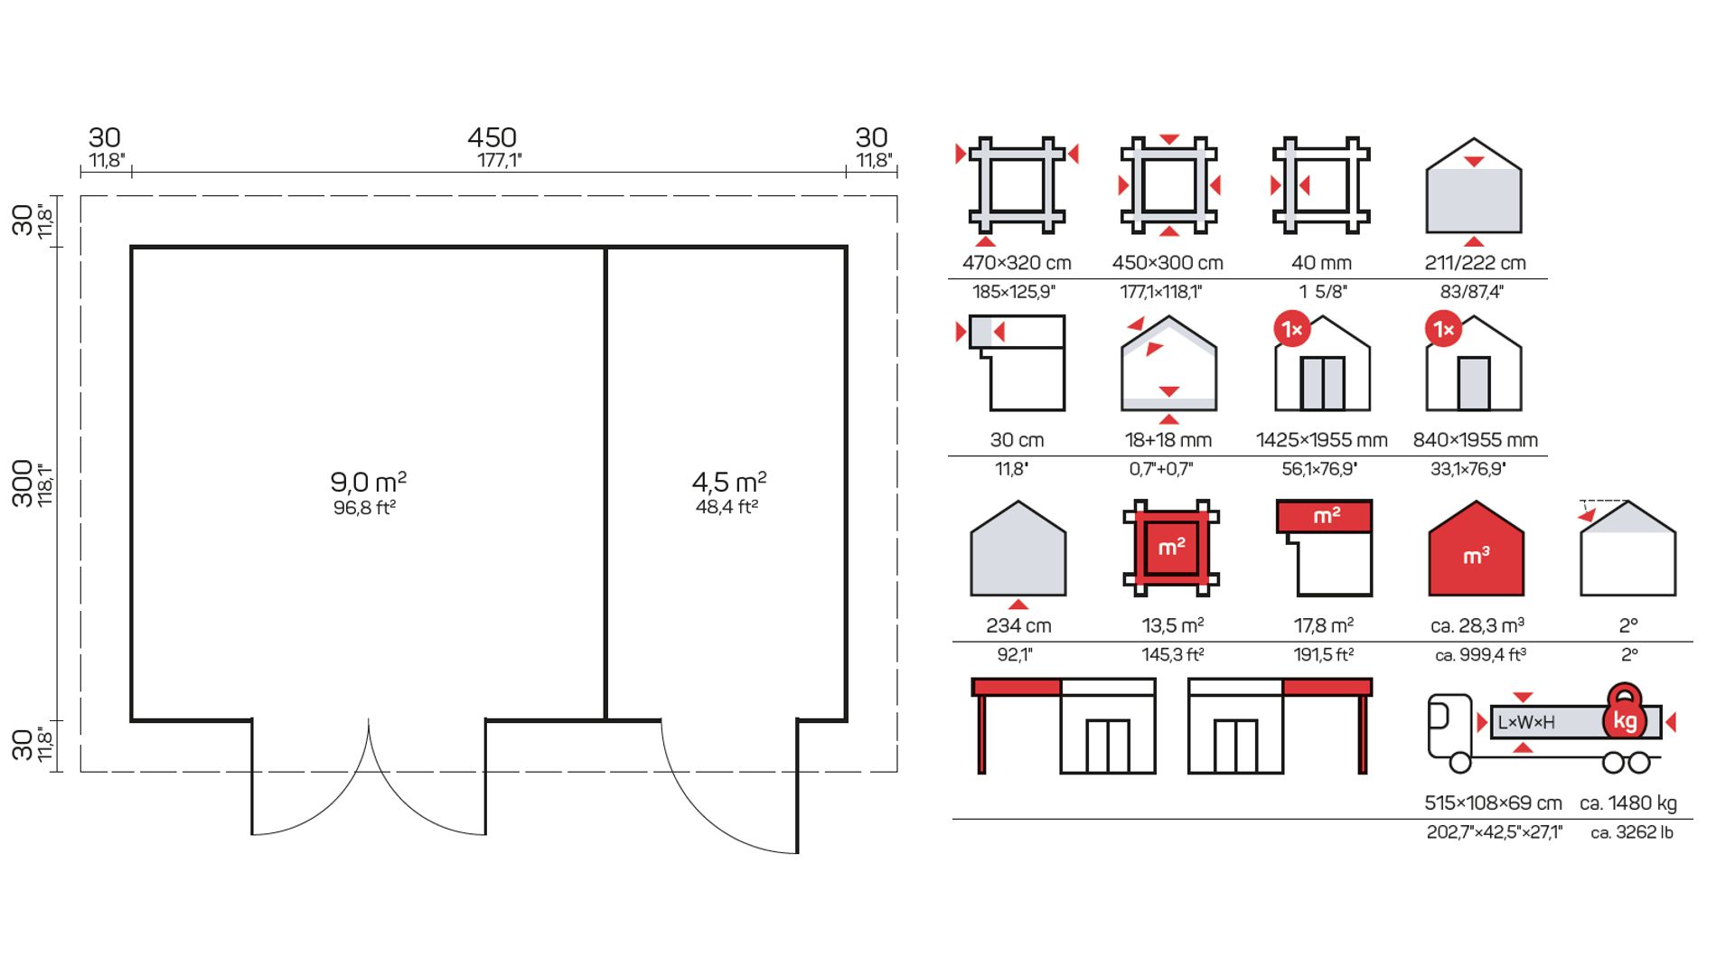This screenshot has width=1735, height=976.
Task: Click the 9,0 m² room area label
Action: pyautogui.click(x=368, y=481)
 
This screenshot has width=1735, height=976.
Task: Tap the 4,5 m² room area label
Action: pyautogui.click(x=729, y=481)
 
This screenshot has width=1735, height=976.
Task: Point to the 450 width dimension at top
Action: pyautogui.click(x=492, y=137)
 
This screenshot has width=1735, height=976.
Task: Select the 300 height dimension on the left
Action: pyautogui.click(x=23, y=483)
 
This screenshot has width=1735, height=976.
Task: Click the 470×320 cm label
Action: pyautogui.click(x=1017, y=263)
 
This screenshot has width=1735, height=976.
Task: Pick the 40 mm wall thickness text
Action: pyautogui.click(x=1321, y=263)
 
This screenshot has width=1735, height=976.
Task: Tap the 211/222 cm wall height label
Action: pyautogui.click(x=1475, y=263)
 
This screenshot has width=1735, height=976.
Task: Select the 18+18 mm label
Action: pyautogui.click(x=1168, y=440)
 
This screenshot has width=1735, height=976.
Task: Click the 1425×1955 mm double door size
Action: pyautogui.click(x=1321, y=440)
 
